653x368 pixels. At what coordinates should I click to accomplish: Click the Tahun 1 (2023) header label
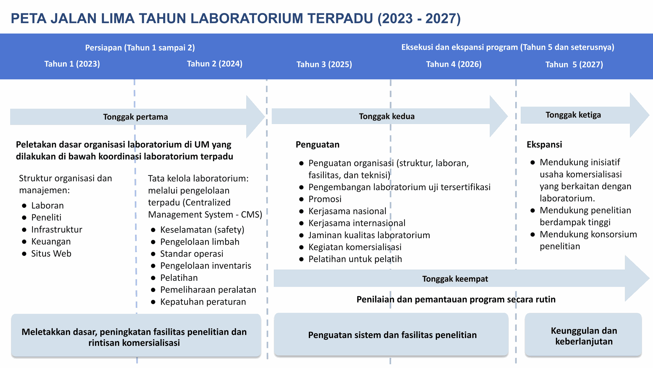(72, 64)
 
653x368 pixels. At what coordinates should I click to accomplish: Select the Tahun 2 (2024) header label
(215, 64)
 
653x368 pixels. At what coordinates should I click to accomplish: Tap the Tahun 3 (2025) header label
(324, 64)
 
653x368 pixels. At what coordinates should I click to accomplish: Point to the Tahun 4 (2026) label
(454, 64)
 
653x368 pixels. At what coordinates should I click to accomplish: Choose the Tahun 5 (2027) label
(574, 64)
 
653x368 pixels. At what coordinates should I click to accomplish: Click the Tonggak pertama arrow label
(135, 117)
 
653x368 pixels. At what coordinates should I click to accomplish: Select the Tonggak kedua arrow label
(387, 116)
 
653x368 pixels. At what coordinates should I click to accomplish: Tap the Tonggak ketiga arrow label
(573, 115)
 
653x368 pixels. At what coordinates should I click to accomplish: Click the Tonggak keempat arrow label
(455, 279)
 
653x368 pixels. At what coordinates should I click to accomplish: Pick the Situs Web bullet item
(51, 254)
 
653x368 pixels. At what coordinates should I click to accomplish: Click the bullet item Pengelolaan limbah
(200, 242)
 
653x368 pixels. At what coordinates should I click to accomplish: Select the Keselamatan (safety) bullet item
(202, 230)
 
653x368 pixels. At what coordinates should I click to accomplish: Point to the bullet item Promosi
(325, 199)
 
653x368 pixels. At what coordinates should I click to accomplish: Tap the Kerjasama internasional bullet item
(357, 223)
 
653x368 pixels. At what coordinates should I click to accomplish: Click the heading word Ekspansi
(544, 144)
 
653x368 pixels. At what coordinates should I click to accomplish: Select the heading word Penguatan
(317, 144)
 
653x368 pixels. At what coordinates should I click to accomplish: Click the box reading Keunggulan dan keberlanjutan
(583, 335)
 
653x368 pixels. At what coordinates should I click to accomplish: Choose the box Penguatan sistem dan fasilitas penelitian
(391, 335)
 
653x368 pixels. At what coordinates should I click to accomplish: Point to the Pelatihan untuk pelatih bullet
(355, 259)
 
